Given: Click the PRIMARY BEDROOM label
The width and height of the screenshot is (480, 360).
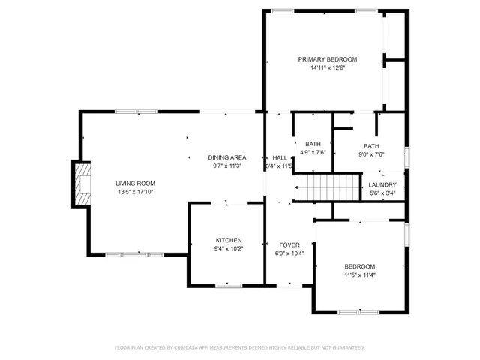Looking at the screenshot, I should (327, 59).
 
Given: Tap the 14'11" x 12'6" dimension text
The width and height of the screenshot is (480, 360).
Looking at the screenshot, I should (327, 68).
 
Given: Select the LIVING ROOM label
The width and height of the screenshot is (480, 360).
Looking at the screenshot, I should (135, 183).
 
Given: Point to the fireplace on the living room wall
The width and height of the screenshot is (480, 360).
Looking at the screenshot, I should (81, 183).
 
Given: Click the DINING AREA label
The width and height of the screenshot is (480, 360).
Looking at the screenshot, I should (227, 157).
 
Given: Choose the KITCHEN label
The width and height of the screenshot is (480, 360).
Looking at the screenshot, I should (229, 240).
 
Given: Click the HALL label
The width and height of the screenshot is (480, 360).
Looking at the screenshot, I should (280, 157).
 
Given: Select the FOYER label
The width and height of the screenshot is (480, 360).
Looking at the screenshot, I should (289, 244).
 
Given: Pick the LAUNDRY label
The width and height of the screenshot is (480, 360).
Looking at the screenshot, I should (382, 184).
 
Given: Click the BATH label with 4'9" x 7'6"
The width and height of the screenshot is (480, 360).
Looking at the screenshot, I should (313, 144).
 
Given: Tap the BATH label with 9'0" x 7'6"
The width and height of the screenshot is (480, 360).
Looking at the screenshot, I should (371, 146).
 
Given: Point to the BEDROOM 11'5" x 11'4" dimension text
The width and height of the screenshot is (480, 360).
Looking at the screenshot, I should (359, 275).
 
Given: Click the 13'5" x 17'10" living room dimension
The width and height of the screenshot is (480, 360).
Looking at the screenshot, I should (135, 192).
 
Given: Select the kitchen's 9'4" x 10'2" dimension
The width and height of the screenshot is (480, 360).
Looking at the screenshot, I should (229, 249).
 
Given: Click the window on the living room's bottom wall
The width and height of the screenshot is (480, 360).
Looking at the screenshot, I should (124, 255).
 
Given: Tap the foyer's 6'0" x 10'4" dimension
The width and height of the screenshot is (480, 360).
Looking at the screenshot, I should (289, 253).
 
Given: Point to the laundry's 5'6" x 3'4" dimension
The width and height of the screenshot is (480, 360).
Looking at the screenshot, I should (382, 193).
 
